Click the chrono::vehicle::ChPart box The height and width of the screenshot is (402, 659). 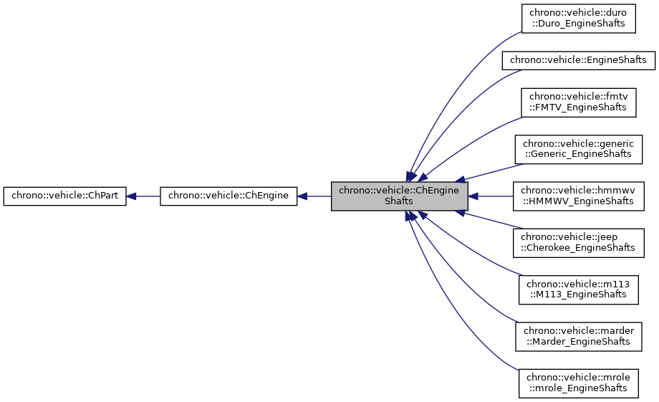pyautogui.click(x=65, y=196)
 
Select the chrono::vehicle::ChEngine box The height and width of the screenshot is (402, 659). pyautogui.click(x=228, y=196)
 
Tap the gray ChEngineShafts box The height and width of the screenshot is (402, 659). pyautogui.click(x=399, y=196)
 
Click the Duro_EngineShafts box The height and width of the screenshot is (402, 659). pyautogui.click(x=578, y=18)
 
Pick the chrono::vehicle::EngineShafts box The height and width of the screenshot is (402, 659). pyautogui.click(x=578, y=60)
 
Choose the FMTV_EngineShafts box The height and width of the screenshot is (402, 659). pyautogui.click(x=578, y=102)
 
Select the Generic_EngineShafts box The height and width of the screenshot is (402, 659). pyautogui.click(x=578, y=148)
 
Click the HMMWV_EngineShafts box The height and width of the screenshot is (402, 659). pyautogui.click(x=578, y=196)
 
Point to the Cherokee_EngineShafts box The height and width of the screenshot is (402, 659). pyautogui.click(x=578, y=242)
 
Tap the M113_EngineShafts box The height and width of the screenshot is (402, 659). pyautogui.click(x=578, y=289)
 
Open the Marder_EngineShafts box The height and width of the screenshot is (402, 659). pyautogui.click(x=578, y=335)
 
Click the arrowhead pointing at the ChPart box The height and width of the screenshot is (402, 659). pyautogui.click(x=133, y=196)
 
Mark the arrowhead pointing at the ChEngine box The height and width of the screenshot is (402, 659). pyautogui.click(x=303, y=196)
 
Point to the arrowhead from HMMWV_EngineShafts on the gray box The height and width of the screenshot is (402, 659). pyautogui.click(x=474, y=196)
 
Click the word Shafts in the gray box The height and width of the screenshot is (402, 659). pyautogui.click(x=399, y=201)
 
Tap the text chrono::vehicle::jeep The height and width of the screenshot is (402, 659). pyautogui.click(x=578, y=236)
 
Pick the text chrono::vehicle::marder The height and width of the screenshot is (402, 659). pyautogui.click(x=578, y=330)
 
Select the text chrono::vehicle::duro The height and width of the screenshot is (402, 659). pyautogui.click(x=578, y=13)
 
